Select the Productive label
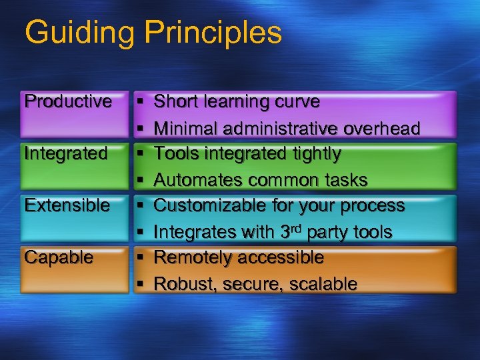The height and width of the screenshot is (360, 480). (67, 101)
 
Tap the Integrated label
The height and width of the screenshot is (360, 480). (65, 153)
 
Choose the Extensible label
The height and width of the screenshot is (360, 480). (67, 205)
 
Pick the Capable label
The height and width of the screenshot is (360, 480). (59, 257)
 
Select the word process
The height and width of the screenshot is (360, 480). (379, 206)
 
